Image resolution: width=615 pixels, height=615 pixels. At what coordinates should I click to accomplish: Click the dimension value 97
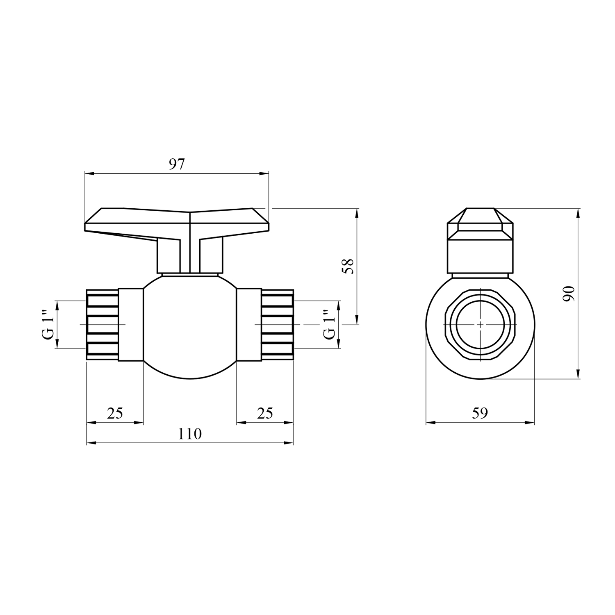coord(177,164)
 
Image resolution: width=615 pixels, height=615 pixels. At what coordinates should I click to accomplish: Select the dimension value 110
coord(190,434)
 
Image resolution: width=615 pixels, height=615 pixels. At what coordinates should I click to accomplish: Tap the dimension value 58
coord(348,266)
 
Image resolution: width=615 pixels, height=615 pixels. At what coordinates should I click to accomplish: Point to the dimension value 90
coord(569,294)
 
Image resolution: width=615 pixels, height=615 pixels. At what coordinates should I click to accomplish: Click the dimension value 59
coord(480,413)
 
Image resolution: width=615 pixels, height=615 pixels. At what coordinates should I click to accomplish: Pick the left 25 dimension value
coord(115,413)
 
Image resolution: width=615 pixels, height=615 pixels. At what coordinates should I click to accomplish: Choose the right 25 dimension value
coord(265,413)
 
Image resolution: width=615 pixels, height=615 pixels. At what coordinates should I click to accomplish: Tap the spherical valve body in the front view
coord(190,326)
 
